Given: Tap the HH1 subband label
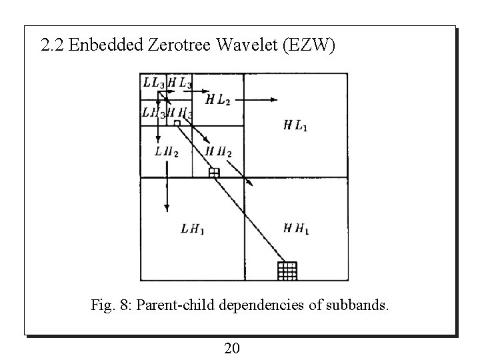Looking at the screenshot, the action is pos(295,229).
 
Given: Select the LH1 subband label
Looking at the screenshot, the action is pos(193,229).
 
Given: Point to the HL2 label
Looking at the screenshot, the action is pos(218,100).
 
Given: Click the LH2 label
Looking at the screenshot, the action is pos(166,152).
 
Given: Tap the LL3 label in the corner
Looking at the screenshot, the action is pos(153,83).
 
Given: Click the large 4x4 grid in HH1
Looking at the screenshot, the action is pos(287,271).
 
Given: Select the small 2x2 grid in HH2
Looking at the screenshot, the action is pos(213,173).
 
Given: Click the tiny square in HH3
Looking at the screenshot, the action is pos(177,123).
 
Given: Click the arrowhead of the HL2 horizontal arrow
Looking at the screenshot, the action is pos(273,99).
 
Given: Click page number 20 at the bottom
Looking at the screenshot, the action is pos(233,347).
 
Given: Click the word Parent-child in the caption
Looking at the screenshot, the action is pos(175,306).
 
